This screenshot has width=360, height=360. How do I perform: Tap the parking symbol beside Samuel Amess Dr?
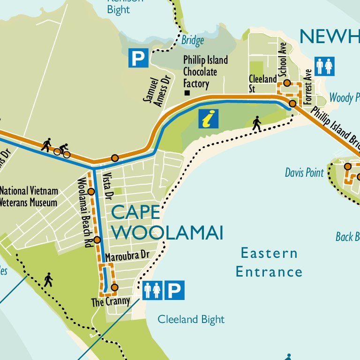click(138, 58)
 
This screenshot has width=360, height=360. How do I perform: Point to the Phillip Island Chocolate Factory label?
click(205, 72)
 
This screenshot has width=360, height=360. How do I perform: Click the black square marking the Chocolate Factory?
click(187, 93)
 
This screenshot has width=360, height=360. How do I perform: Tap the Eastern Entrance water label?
click(269, 262)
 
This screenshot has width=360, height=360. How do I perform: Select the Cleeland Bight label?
click(191, 320)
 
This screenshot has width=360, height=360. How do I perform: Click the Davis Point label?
click(304, 172)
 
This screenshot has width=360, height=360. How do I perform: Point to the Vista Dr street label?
click(109, 184)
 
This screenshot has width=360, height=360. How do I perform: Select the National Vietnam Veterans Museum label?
click(29, 197)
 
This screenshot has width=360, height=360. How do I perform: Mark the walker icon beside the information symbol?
click(256, 123)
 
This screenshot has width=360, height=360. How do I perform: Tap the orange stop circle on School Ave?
click(287, 83)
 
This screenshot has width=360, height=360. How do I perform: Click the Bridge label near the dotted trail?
click(193, 40)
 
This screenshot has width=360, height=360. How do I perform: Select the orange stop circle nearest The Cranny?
click(114, 287)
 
